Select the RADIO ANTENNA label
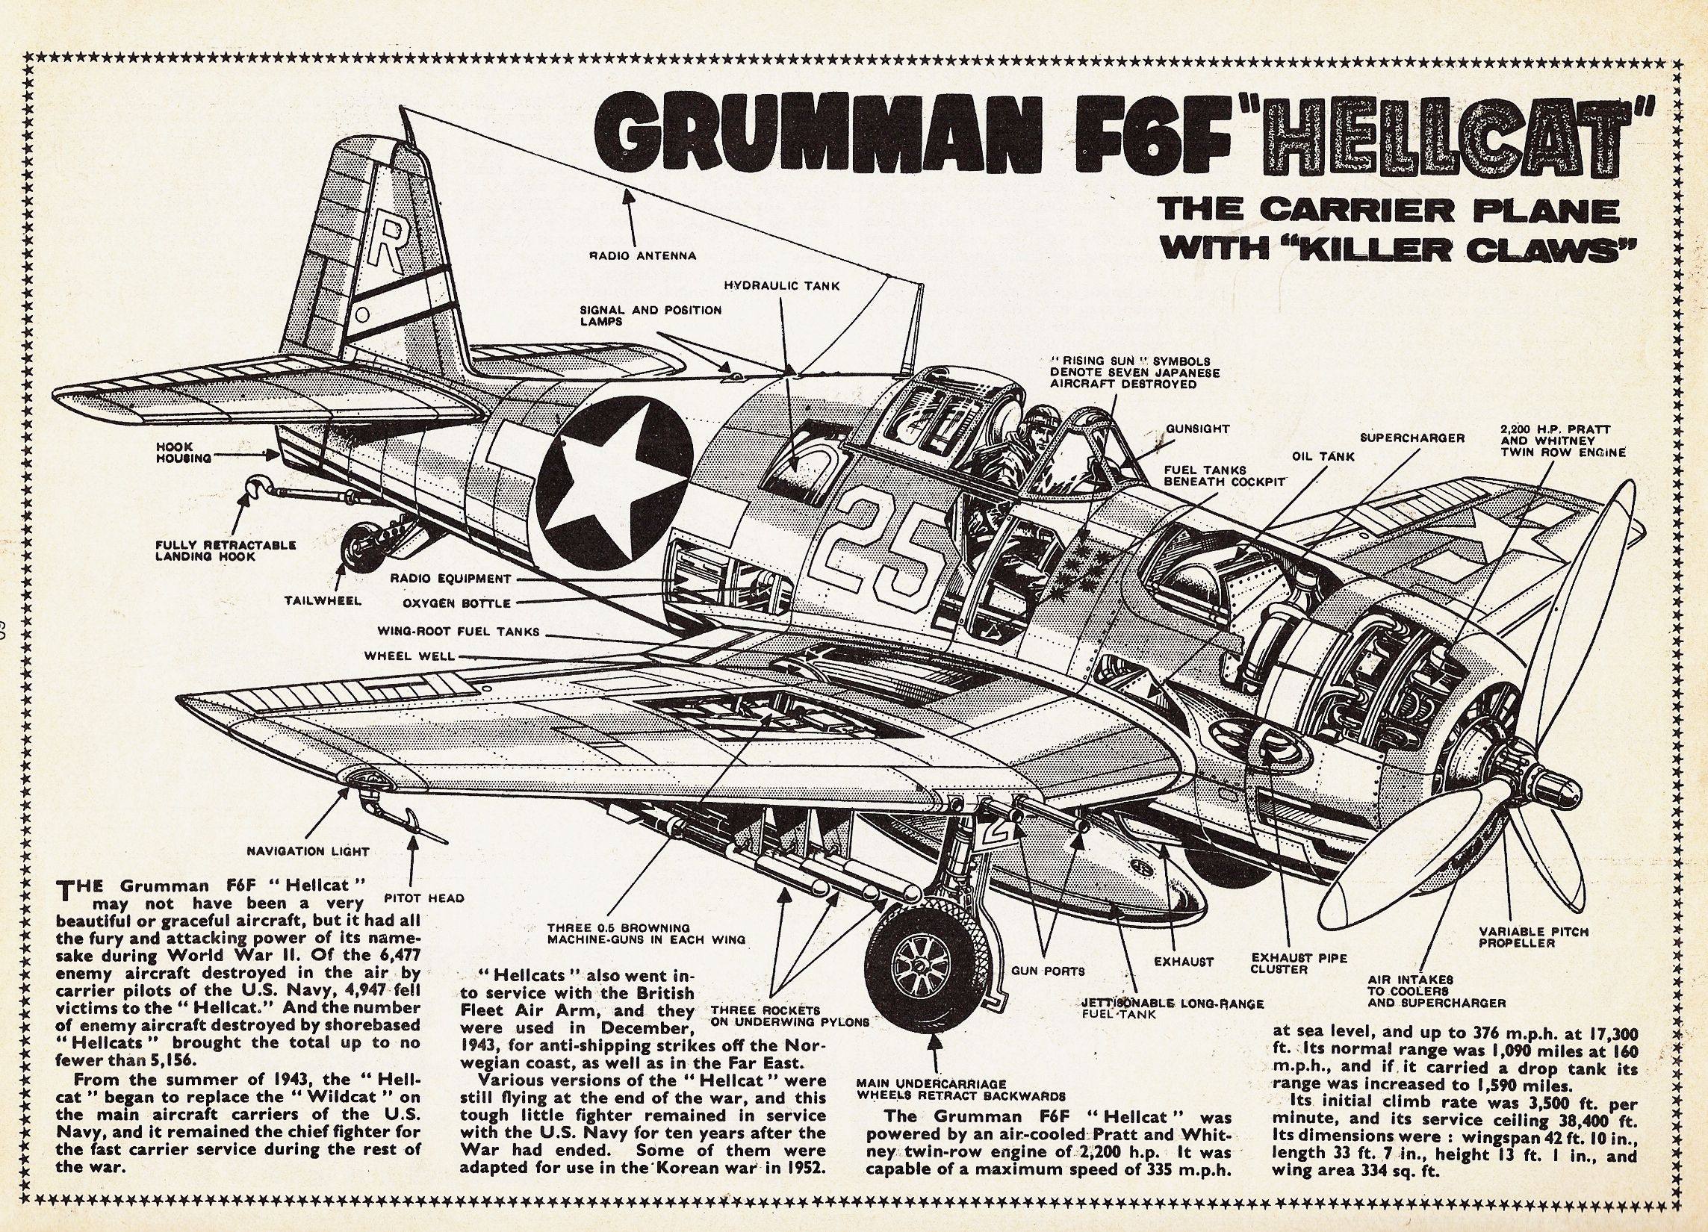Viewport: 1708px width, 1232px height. [642, 255]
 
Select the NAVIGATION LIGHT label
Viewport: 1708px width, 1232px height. [308, 852]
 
